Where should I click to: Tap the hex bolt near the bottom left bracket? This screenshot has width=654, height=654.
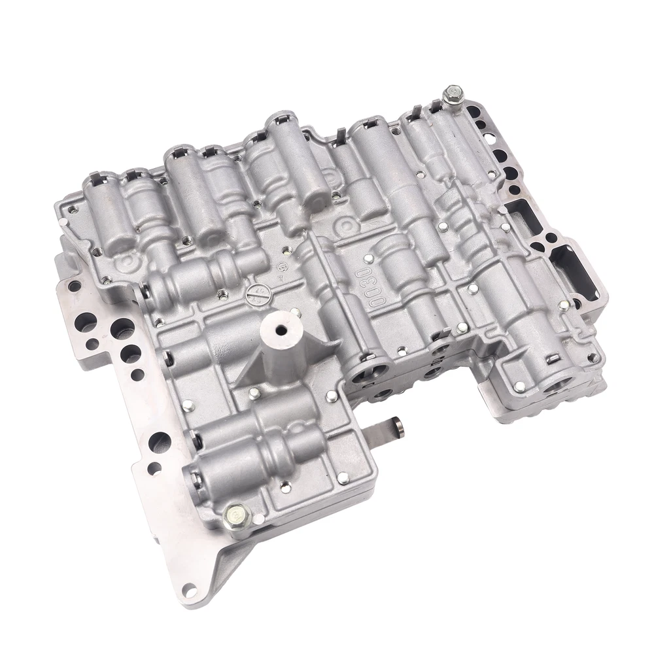pos(235,513)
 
